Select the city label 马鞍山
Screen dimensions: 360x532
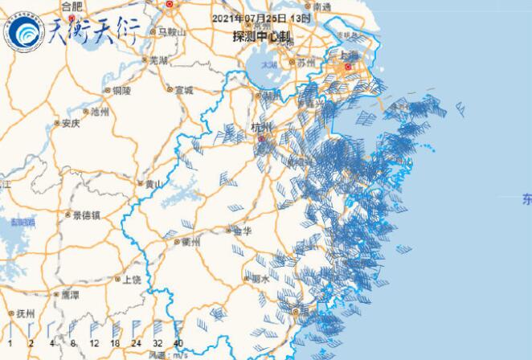pos(170,31)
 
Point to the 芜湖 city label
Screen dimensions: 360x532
pos(158,60)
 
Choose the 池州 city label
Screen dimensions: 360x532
pos(100,111)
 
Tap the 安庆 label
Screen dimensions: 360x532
pos(71,124)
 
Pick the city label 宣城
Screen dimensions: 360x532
pos(184,91)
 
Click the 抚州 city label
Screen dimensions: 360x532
pos(24,313)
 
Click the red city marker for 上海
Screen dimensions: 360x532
pos(348,67)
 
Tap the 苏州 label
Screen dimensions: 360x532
pos(306,61)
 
